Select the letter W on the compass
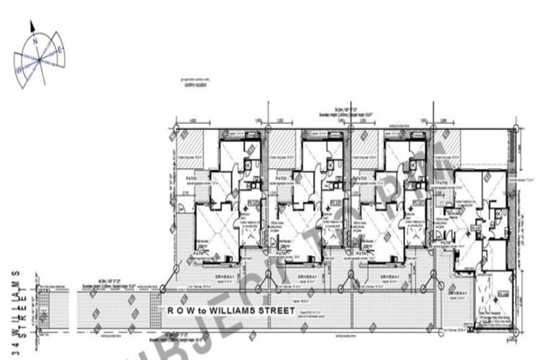(x=18, y=70)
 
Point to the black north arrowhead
(x=32, y=26)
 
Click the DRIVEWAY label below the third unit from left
(x=390, y=276)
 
